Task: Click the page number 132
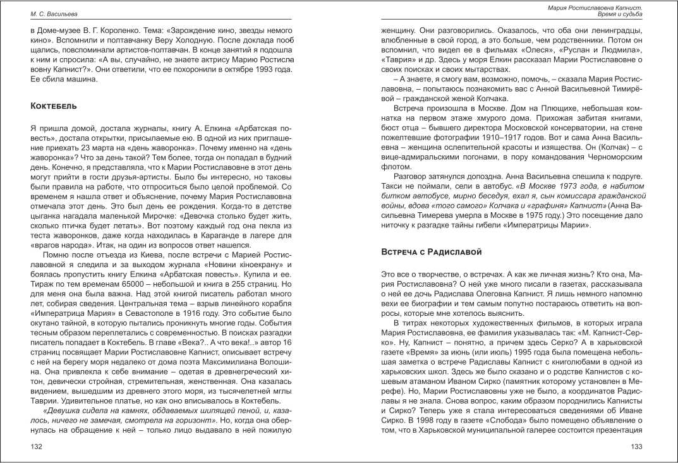(x=37, y=447)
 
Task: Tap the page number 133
(x=637, y=447)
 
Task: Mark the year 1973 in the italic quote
(x=478, y=186)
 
